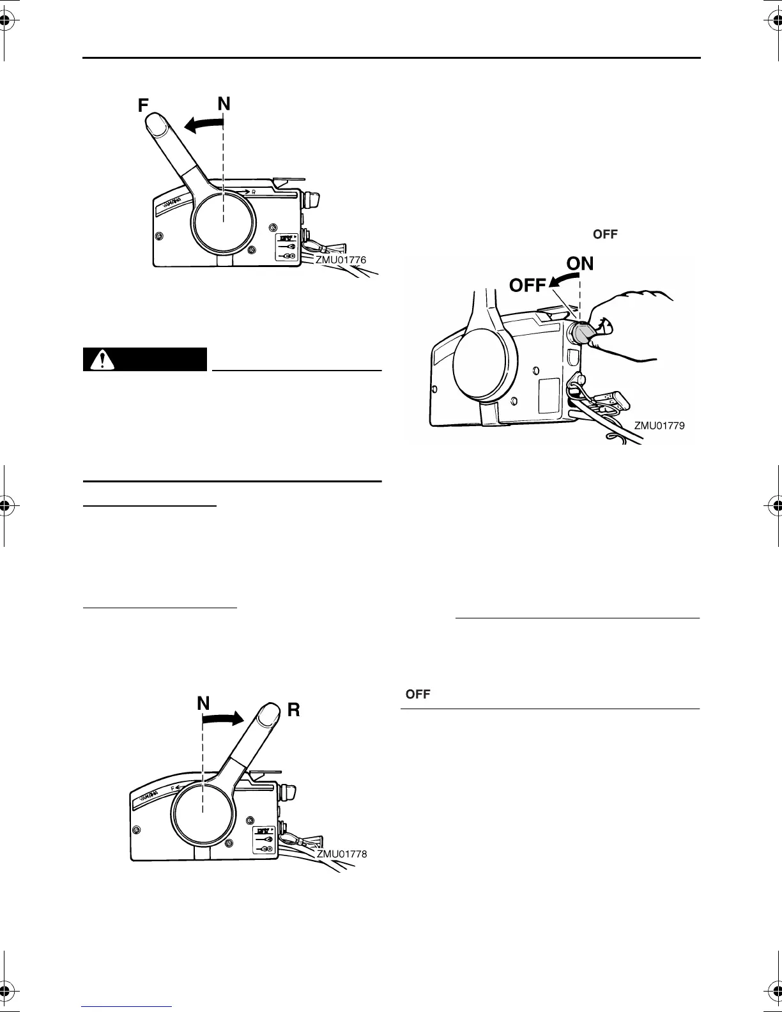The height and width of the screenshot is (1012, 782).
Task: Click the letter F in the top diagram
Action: coord(144,105)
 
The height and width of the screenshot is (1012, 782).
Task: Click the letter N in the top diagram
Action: coord(224,103)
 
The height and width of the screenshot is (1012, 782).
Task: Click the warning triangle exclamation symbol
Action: coord(99,360)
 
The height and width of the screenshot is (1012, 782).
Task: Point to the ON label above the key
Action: coord(580,263)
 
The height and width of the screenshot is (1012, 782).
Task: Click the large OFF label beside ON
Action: coord(528,286)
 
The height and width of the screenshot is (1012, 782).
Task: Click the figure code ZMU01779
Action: coord(659,425)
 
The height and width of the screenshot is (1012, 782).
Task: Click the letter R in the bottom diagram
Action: coord(293,709)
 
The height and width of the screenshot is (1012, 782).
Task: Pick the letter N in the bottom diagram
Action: coord(203,703)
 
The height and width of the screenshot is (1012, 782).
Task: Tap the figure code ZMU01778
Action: coord(342,854)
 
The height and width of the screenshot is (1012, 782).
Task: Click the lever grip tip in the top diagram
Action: coord(155,123)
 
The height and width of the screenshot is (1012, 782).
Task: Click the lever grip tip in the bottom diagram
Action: coord(270,712)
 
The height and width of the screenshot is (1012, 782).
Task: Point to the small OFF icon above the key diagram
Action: coord(605,234)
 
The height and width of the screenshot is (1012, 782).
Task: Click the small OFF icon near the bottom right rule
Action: coord(418,694)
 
